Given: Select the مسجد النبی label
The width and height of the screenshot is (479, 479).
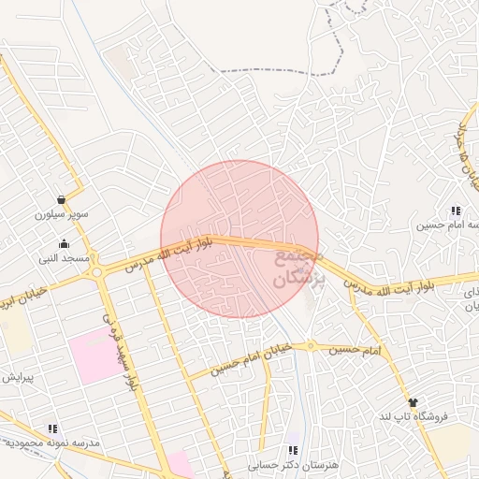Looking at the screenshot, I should (65, 257).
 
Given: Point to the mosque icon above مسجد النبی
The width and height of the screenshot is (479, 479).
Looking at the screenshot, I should (64, 243).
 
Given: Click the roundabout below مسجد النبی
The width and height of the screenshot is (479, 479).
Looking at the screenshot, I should (96, 273).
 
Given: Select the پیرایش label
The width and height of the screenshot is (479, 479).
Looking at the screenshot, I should (17, 378).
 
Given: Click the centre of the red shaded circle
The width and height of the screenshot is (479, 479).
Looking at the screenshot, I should (239, 239).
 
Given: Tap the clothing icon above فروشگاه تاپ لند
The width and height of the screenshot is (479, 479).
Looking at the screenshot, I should (413, 401).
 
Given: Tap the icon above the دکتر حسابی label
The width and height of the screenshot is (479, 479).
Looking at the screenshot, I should (293, 451).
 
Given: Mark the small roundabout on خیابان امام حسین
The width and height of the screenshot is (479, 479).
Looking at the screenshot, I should (313, 345).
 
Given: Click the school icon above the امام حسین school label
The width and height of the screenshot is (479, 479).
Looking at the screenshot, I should (456, 211).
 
